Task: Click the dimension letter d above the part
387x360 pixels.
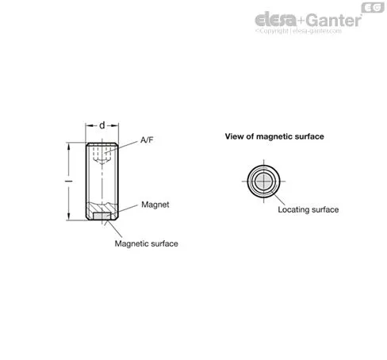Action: [x=102, y=125]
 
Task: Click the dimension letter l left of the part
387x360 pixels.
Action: [x=69, y=182]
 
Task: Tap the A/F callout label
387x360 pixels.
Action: [x=147, y=140]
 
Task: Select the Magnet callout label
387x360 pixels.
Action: [x=155, y=205]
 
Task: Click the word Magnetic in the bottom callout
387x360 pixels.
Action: [x=130, y=243]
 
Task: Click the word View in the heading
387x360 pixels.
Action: [x=233, y=136]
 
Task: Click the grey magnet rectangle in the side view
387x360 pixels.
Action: [x=102, y=216]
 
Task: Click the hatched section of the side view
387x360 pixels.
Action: [x=102, y=207]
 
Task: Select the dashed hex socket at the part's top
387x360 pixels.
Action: [x=102, y=154]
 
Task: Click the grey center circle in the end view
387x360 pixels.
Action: [x=263, y=182]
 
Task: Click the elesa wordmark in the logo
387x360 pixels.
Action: [x=276, y=20]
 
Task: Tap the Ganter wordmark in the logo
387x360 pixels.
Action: [x=335, y=20]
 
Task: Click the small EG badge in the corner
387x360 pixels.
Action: [x=373, y=7]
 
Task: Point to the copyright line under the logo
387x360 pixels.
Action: [x=298, y=31]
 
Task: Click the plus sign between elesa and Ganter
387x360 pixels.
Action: [x=301, y=21]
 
